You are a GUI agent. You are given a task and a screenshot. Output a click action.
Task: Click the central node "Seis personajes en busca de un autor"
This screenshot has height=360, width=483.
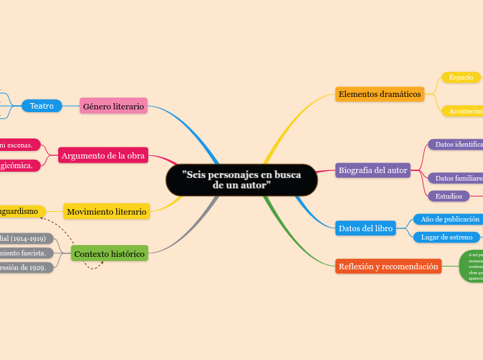[241, 180]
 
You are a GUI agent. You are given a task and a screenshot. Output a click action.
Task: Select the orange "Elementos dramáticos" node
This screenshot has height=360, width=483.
[380, 93]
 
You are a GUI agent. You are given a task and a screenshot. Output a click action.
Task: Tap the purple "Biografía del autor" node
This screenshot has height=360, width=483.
[373, 170]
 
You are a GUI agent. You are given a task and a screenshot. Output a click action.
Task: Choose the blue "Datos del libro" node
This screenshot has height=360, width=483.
[365, 228]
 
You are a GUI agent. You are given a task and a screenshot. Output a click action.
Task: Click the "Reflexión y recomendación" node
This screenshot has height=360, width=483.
[388, 266]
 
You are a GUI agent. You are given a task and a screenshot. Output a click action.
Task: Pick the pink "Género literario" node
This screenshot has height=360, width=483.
[114, 106]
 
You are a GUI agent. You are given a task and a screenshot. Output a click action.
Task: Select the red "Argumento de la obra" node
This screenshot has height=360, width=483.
[103, 156]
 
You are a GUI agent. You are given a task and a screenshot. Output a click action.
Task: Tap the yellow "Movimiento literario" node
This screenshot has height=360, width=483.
[107, 211]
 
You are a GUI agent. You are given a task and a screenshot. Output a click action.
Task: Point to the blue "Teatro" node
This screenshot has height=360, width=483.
[42, 106]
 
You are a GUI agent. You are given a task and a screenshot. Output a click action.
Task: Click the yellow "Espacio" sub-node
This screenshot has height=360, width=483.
[461, 78]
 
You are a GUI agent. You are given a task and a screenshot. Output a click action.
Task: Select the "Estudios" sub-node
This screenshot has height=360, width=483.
[448, 196]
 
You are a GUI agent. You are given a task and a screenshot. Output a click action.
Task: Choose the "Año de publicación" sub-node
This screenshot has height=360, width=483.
[446, 219]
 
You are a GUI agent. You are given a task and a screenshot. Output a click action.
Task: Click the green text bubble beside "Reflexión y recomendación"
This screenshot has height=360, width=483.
[471, 267]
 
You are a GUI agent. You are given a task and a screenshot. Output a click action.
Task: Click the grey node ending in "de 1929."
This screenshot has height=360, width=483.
[26, 267]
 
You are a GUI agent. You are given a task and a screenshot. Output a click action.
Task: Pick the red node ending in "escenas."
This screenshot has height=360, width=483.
[19, 145]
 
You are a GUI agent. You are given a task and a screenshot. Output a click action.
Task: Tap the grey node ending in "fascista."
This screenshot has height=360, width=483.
[26, 253]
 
